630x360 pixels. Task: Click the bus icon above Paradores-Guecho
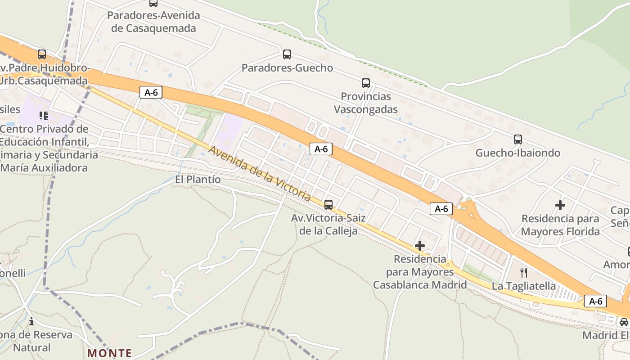click(287, 54)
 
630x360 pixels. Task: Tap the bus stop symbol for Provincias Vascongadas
click(366, 83)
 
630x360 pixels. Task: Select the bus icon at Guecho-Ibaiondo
click(518, 139)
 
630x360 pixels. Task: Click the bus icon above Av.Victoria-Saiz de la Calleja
click(328, 205)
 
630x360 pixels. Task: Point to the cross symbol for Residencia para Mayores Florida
click(560, 205)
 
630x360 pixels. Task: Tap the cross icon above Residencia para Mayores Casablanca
click(420, 246)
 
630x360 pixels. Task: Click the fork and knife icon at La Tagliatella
click(523, 273)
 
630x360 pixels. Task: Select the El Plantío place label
click(198, 180)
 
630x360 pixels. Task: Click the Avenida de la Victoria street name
click(260, 173)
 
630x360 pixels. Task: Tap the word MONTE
click(110, 353)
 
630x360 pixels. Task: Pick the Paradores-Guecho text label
click(287, 68)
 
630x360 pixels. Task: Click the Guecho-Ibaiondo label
click(518, 153)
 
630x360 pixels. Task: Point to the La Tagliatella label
click(523, 286)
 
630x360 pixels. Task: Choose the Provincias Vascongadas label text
click(366, 103)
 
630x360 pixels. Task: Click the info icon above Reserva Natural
click(31, 321)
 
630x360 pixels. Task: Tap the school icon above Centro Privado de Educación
click(44, 116)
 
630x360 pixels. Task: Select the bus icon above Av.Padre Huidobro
click(42, 54)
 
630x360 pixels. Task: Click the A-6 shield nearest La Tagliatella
click(595, 301)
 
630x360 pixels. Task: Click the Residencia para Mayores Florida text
click(560, 225)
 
